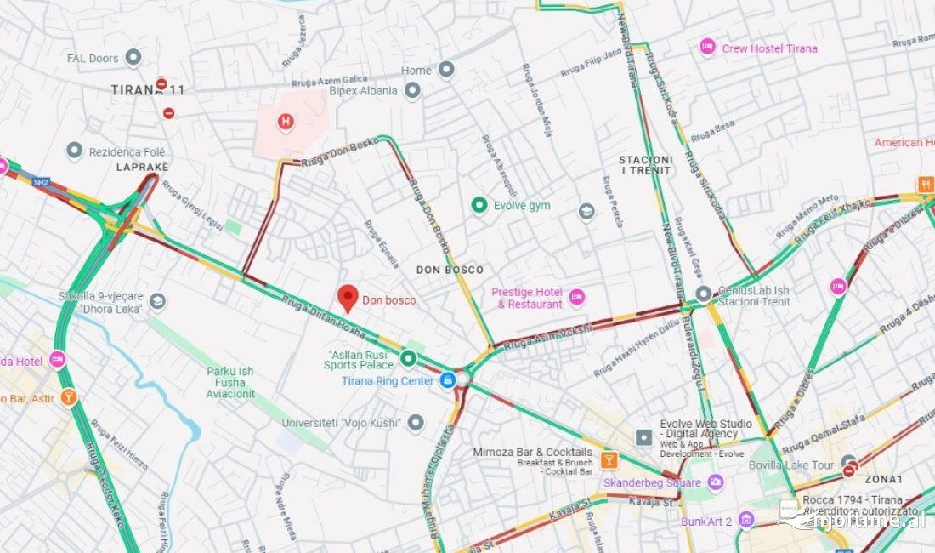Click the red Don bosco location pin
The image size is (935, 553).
(x=348, y=298)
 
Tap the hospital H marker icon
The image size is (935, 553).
(x=286, y=122)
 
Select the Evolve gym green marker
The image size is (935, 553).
(x=479, y=205)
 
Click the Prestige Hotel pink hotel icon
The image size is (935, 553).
(x=578, y=297)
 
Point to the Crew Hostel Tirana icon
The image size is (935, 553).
(x=707, y=48)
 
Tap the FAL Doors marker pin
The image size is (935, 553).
(x=133, y=58)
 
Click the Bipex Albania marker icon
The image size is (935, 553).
(x=412, y=90)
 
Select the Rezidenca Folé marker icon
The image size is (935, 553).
(x=75, y=151)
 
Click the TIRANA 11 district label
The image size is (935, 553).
(x=147, y=90)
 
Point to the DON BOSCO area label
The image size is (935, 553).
(x=450, y=270)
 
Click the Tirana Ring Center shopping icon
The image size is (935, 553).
(x=448, y=380)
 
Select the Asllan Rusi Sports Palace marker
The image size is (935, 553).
(x=408, y=359)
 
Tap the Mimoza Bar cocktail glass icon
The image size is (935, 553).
(x=609, y=460)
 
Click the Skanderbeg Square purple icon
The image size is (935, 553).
(x=716, y=482)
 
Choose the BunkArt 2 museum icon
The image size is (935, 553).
(x=746, y=520)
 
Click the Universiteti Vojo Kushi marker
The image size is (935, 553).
(x=415, y=422)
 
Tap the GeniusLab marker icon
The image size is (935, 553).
(x=704, y=294)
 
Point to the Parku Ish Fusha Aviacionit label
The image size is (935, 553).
(x=230, y=382)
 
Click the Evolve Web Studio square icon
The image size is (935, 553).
(x=644, y=437)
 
